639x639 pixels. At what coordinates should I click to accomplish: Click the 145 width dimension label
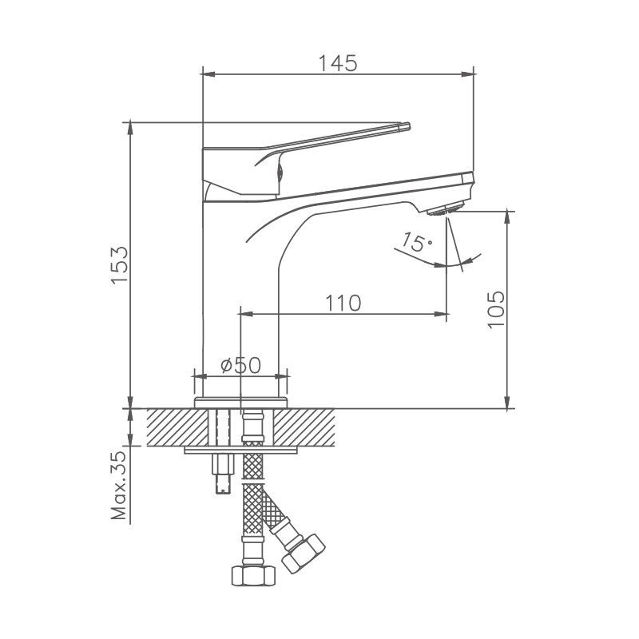pos(339,62)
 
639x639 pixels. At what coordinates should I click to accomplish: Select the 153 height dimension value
pos(120,264)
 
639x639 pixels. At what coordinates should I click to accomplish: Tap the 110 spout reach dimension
pos(343,303)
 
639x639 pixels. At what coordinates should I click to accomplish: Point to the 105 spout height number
pos(496,308)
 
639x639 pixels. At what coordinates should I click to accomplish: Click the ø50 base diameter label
pos(240,365)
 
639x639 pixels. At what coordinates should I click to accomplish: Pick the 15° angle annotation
pos(417,243)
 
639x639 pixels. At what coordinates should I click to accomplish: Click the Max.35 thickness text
pos(120,486)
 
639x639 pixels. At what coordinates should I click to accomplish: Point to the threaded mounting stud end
pos(221,482)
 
